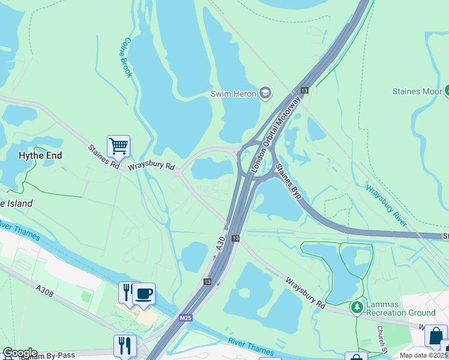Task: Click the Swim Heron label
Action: click(x=233, y=93)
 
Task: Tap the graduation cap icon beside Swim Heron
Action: click(x=265, y=92)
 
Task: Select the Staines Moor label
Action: click(x=417, y=91)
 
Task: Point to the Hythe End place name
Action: click(x=40, y=155)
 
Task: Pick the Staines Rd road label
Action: click(x=103, y=155)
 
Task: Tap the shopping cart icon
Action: click(x=118, y=146)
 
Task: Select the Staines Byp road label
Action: click(x=288, y=181)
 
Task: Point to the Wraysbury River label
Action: click(x=387, y=205)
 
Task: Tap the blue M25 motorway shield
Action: click(x=185, y=317)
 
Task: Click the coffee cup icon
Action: click(x=144, y=293)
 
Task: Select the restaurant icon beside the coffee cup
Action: click(x=127, y=293)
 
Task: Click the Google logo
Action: click(x=20, y=353)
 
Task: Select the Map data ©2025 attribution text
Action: click(x=424, y=355)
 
